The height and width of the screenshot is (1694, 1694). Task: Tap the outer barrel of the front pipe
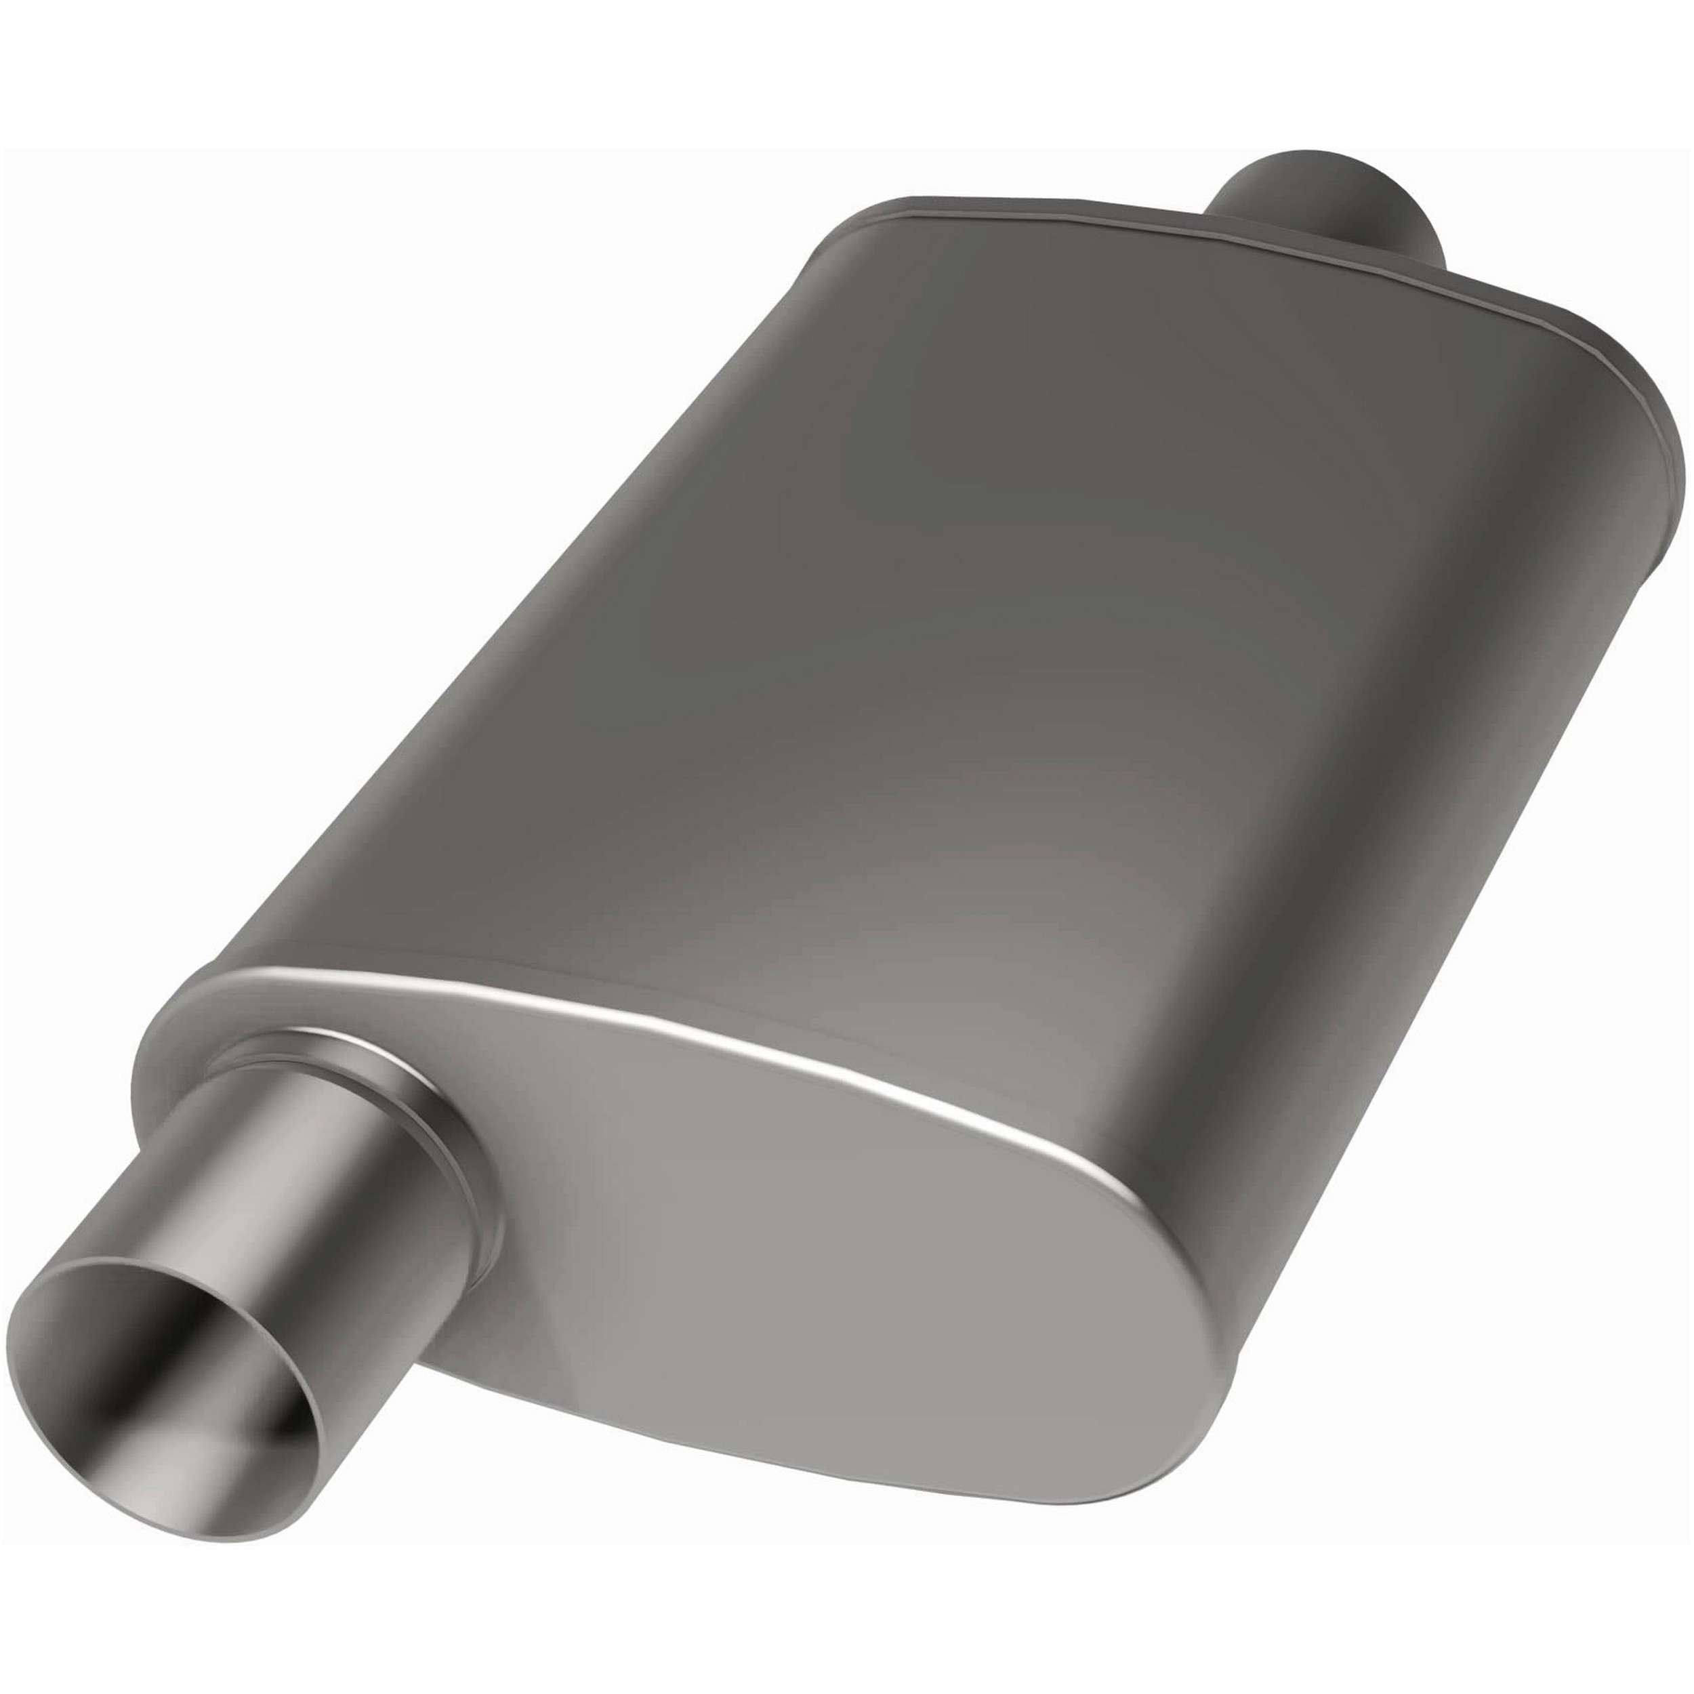click(x=289, y=1166)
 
